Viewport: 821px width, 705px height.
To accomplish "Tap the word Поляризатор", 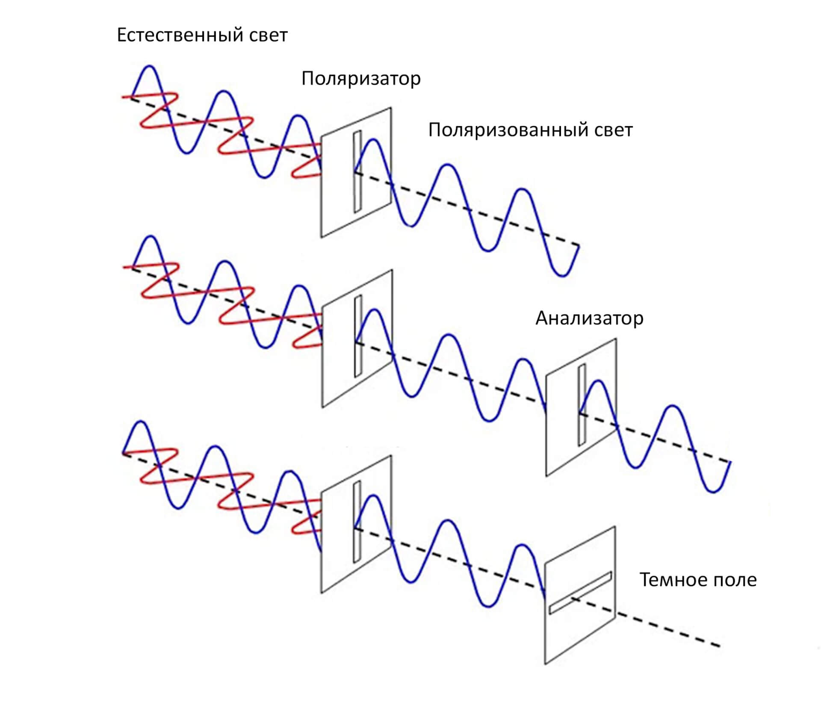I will coord(361,79).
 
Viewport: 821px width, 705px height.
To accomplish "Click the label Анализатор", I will coord(589,319).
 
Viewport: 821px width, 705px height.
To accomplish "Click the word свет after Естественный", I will coord(268,35).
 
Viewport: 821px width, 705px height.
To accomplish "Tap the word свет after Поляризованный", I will coord(613,130).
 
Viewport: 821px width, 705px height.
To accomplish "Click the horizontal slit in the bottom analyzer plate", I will coord(580,593).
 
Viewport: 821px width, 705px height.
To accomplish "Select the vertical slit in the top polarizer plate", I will coord(357,171).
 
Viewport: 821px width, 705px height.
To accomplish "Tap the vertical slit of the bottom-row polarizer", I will coord(357,522).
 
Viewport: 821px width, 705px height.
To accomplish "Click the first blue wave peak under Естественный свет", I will coord(149,67).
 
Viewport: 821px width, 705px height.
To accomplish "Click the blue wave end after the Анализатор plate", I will coord(730,462).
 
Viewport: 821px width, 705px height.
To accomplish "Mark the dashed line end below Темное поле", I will coord(720,646).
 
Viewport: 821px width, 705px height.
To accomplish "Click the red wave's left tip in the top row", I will coord(123,97).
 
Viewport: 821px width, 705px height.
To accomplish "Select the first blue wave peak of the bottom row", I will coord(142,423).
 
